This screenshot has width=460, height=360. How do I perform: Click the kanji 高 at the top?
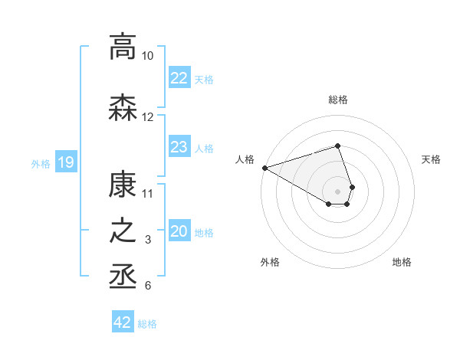123,47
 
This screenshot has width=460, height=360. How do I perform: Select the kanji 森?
123,108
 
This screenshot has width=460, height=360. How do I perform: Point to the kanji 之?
123,231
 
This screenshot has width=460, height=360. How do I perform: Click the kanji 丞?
123,277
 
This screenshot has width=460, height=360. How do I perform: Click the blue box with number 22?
179,78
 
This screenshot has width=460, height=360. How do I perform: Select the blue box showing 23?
179,147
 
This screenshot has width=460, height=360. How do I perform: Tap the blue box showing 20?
179,231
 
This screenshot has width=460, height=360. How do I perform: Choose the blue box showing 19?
65,162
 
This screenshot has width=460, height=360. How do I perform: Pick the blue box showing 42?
123,322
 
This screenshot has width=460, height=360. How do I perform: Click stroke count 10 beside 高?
147,56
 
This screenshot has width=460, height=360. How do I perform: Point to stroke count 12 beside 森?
147,117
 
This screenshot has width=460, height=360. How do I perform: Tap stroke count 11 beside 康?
147,193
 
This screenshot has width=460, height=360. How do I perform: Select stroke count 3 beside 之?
147,241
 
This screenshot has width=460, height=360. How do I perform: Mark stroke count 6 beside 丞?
147,286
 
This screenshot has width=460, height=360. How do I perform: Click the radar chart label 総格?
338,100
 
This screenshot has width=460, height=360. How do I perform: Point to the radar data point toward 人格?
264,167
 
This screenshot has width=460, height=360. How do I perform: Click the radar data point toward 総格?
338,146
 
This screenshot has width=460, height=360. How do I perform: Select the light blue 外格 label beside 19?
41,163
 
